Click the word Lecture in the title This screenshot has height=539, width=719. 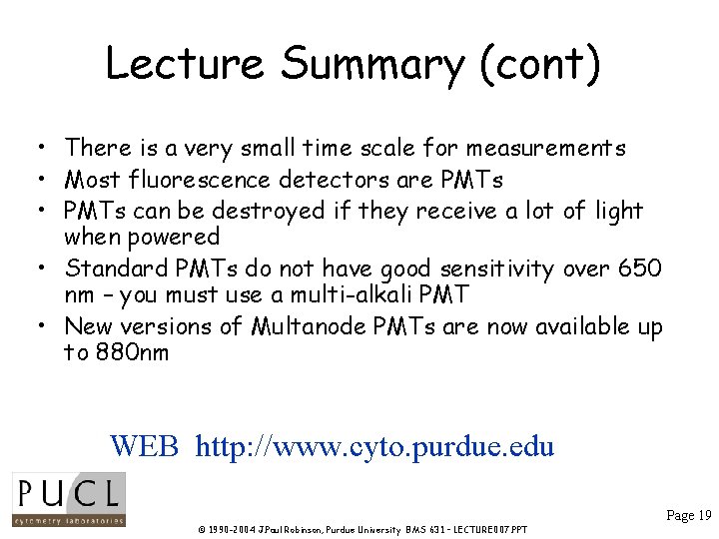(x=185, y=64)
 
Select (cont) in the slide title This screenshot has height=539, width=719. (x=540, y=64)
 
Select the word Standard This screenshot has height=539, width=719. (x=113, y=269)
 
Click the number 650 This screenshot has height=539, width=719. (x=640, y=269)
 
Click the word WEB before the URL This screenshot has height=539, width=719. (x=144, y=445)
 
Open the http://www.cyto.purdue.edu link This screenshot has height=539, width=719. (x=374, y=445)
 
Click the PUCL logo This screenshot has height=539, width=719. (x=68, y=499)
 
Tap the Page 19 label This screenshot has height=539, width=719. (x=688, y=516)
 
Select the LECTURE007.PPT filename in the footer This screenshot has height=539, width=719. (x=488, y=529)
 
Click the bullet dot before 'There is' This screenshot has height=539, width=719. (x=34, y=150)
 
